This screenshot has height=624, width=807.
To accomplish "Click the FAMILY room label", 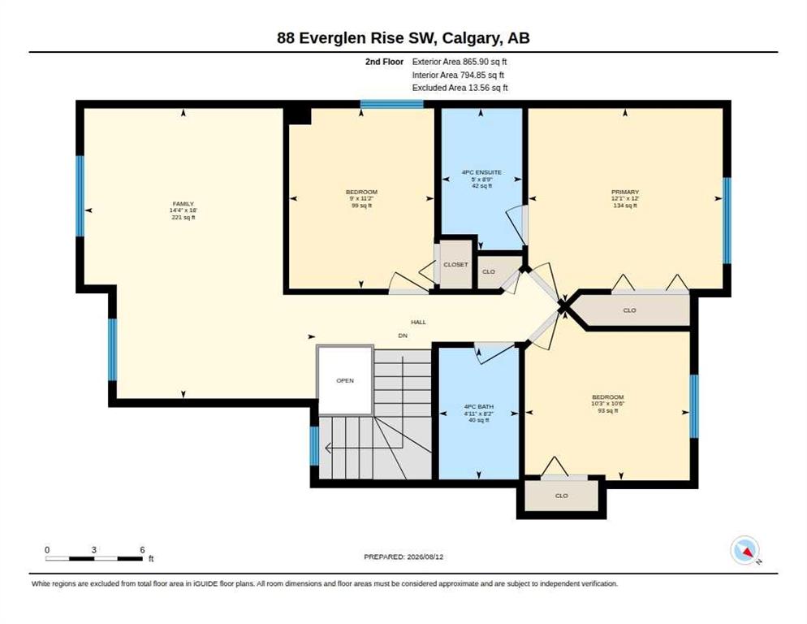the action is tap(183, 204).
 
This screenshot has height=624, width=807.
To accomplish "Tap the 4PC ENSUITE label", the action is tap(481, 172).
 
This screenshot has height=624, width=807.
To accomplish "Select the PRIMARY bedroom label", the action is tap(625, 193).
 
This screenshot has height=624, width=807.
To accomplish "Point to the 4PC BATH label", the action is tap(479, 406).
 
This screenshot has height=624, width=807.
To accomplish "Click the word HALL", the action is tap(418, 322).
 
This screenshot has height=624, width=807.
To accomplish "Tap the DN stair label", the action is tap(403, 336).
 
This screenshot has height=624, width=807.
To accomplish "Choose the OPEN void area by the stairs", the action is tap(345, 380).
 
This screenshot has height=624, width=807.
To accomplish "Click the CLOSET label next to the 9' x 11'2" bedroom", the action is tap(455, 264).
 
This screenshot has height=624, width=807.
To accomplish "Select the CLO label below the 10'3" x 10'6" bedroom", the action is tap(562, 496).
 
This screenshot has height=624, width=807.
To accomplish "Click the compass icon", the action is tap(744, 550).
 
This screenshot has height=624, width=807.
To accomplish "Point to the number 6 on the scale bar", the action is tap(143, 550).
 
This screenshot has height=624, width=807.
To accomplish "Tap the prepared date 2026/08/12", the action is tap(425, 557).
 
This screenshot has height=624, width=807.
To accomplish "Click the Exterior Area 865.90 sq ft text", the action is tap(459, 61).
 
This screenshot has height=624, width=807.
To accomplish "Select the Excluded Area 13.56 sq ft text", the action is tap(460, 88).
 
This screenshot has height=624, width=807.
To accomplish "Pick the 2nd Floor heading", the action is tap(385, 61).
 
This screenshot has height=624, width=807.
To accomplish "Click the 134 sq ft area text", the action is tap(625, 205).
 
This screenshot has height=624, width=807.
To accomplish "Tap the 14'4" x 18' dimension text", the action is tap(183, 210).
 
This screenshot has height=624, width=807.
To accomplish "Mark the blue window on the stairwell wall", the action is tap(314, 446).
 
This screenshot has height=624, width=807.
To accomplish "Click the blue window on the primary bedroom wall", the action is tap(727, 220).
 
